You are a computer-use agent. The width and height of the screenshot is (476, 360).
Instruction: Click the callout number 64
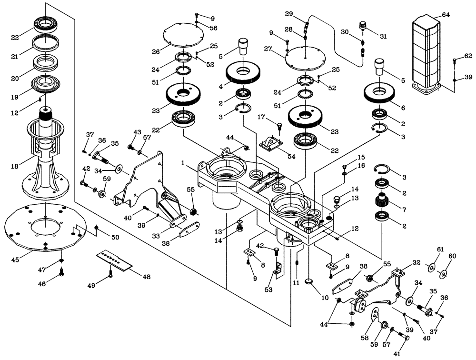click(x=445, y=15)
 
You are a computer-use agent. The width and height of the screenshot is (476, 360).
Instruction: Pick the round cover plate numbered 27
click(x=305, y=59)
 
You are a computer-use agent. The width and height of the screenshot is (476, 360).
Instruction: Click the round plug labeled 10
click(x=309, y=282)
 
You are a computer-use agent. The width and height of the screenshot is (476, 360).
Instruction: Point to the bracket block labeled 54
click(x=270, y=143)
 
